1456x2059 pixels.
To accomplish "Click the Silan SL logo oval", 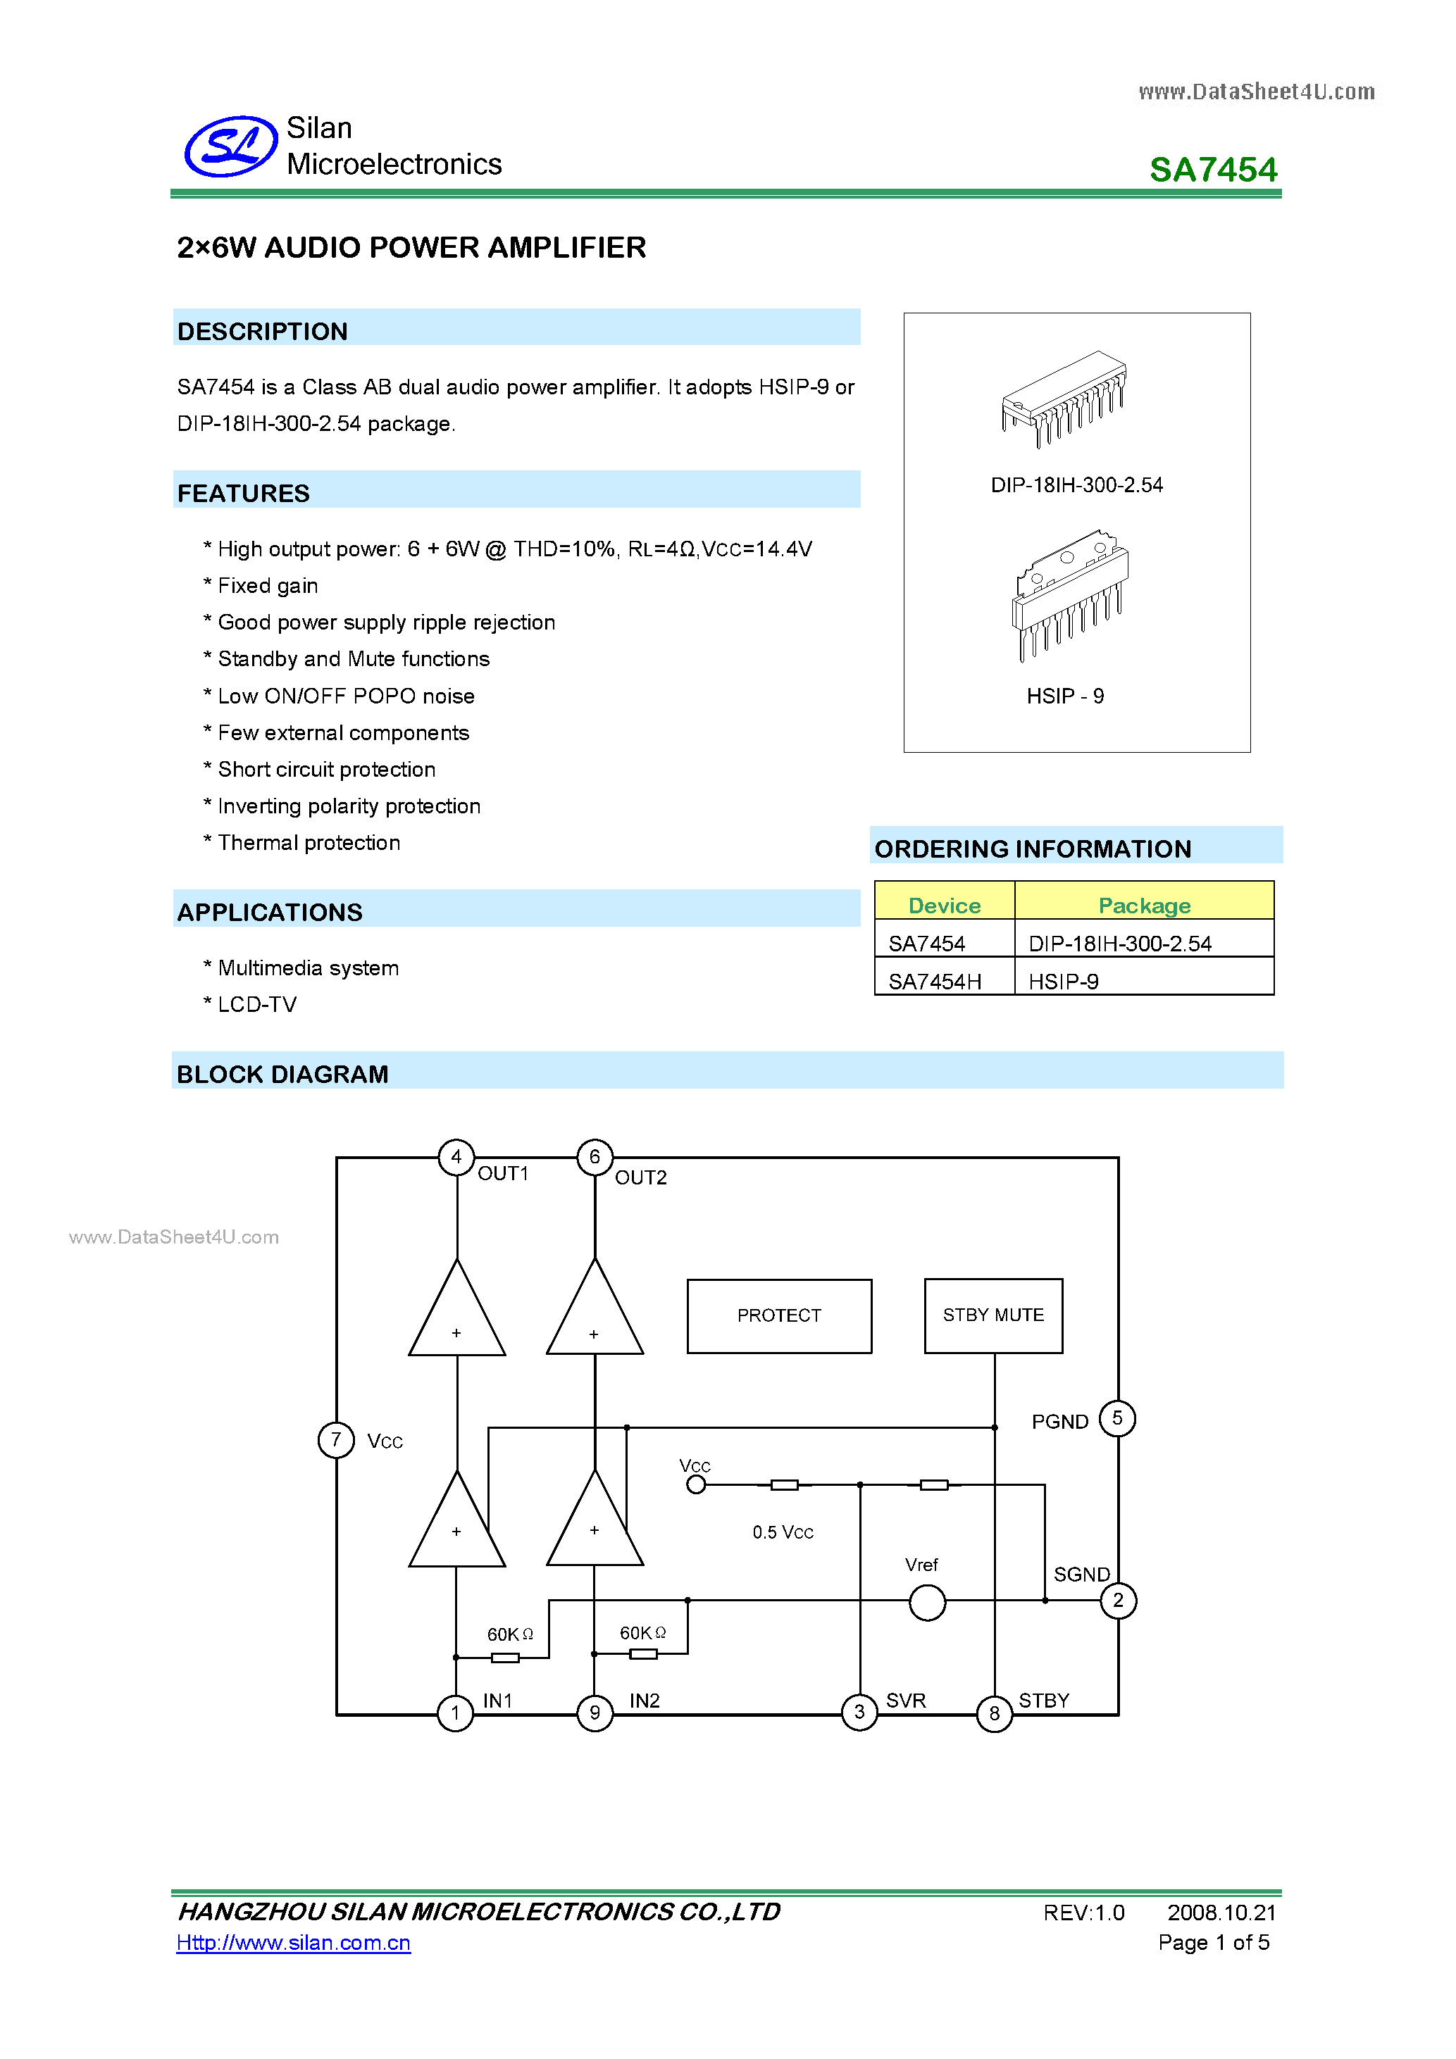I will point(230,146).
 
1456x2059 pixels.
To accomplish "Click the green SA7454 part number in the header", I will point(1212,170).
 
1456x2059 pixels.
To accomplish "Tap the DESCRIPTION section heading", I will point(262,331).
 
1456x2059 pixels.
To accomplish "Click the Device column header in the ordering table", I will point(944,905).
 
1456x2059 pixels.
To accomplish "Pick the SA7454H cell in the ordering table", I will point(935,981).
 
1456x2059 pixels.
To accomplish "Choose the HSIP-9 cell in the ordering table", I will point(1063,981).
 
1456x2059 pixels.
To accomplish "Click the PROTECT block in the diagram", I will point(778,1315).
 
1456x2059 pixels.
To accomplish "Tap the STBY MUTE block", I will point(993,1315).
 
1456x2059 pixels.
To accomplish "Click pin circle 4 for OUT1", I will point(456,1157).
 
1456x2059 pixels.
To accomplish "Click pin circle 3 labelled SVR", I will point(859,1713).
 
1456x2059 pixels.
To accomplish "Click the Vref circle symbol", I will point(927,1603).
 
